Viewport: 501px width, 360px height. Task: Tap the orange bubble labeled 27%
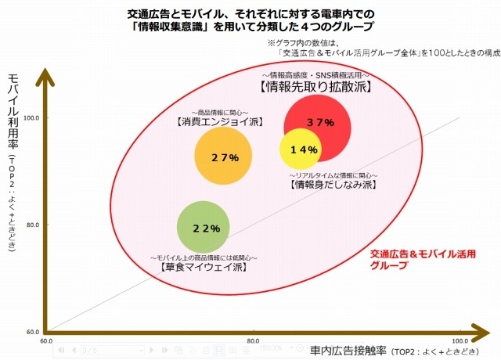pyautogui.click(x=224, y=157)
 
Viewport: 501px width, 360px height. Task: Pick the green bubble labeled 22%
pyautogui.click(x=205, y=228)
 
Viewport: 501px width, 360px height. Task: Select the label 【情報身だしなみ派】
pyautogui.click(x=333, y=185)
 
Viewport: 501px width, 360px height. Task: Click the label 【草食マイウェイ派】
pyautogui.click(x=203, y=268)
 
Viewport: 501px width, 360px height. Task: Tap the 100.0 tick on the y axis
pyautogui.click(x=34, y=117)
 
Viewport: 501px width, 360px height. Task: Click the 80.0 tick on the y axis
pyautogui.click(x=34, y=225)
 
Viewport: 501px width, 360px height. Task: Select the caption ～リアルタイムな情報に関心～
pyautogui.click(x=333, y=175)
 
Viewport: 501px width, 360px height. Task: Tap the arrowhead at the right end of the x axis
pyautogui.click(x=485, y=329)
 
